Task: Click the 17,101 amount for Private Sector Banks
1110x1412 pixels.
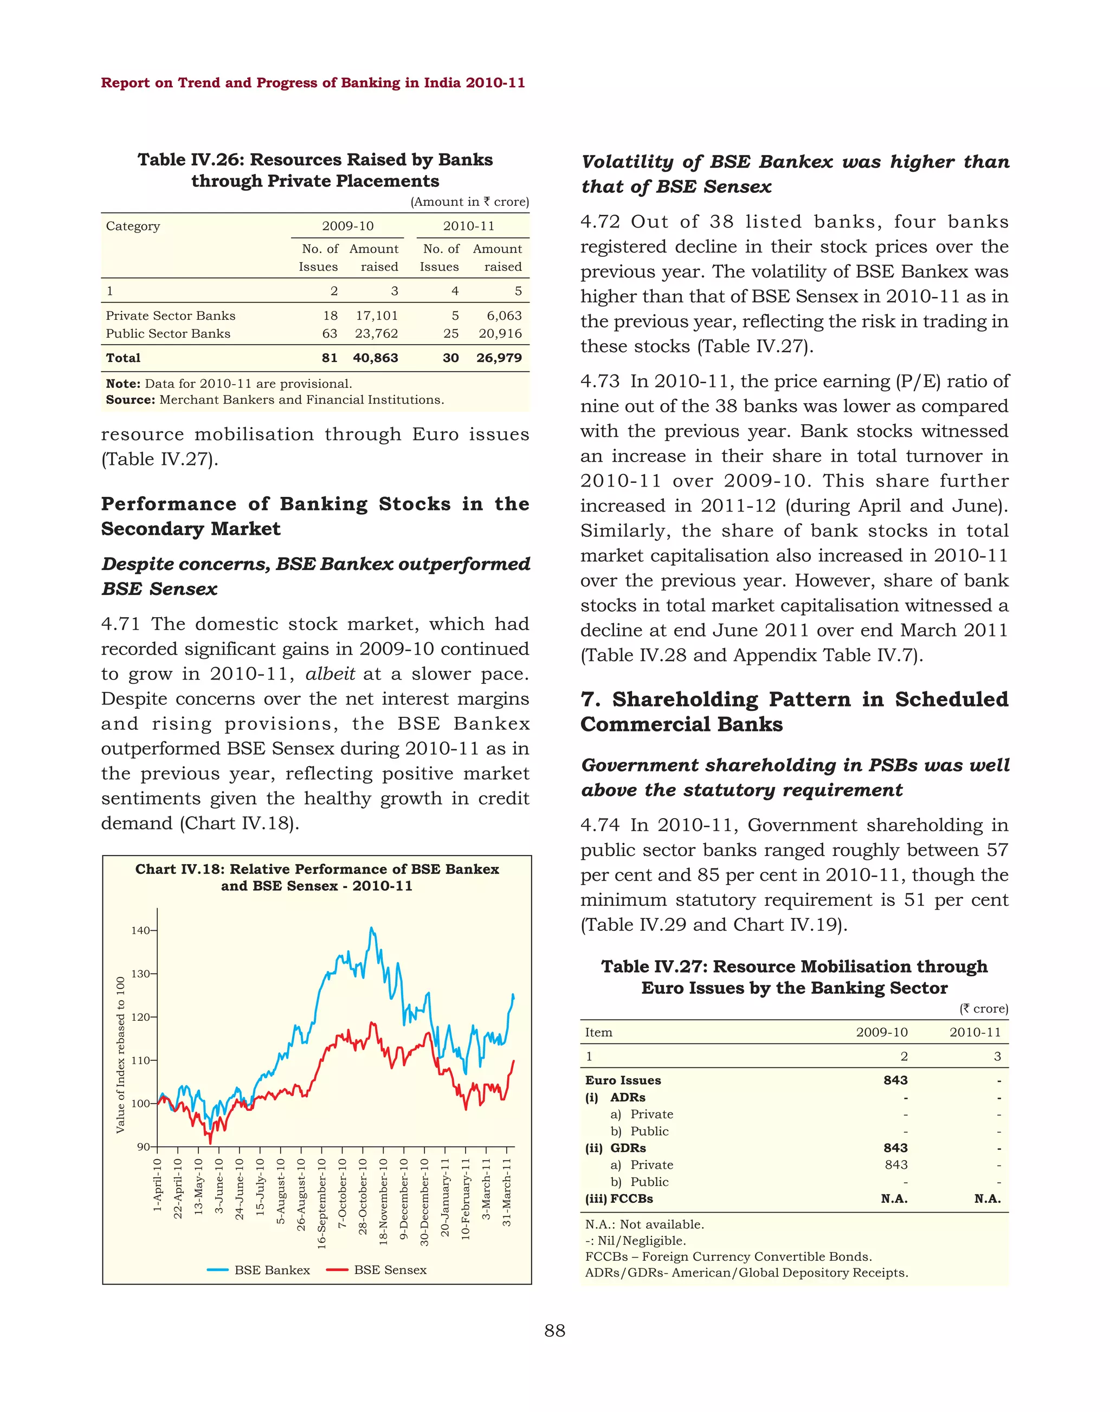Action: tap(376, 315)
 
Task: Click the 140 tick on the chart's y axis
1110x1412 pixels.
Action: tap(140, 930)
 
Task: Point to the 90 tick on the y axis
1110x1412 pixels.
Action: tap(143, 1147)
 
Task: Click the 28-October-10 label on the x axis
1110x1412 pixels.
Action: tap(363, 1196)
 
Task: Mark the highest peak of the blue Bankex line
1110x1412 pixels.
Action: tap(371, 928)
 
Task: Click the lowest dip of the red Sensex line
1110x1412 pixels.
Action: tap(210, 1142)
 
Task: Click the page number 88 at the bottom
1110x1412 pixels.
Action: tap(554, 1331)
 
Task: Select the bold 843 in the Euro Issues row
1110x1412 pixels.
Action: tap(895, 1080)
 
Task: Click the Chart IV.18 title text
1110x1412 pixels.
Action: tap(317, 877)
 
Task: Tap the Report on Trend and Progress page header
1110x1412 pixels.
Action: tap(313, 82)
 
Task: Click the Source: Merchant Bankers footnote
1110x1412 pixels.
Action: tap(275, 400)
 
